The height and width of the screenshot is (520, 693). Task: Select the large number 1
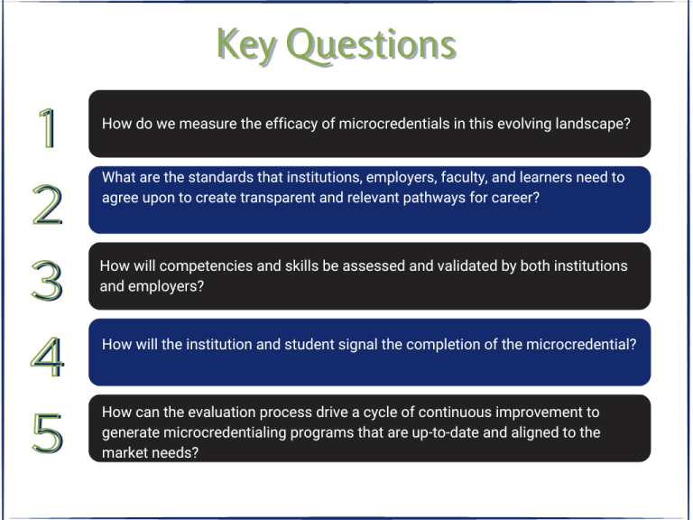pos(47,128)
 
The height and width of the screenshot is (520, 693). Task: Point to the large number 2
pos(47,205)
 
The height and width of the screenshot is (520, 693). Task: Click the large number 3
pos(47,281)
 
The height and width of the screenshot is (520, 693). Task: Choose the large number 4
pos(47,357)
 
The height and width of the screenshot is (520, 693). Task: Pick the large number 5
pos(47,433)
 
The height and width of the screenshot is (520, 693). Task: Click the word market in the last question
pos(125,452)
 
